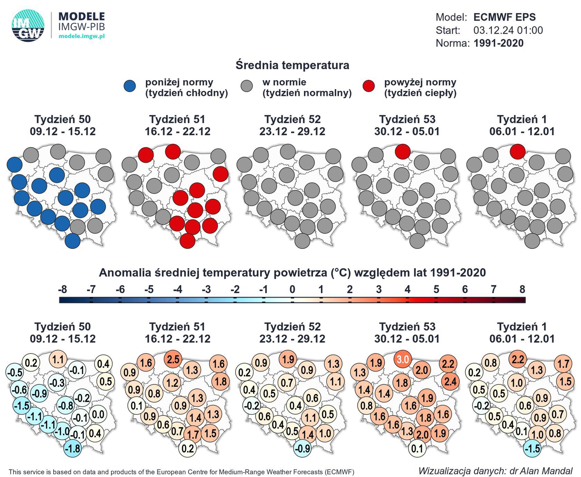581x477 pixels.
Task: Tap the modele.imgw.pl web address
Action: [82, 36]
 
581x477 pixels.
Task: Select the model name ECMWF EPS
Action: [504, 17]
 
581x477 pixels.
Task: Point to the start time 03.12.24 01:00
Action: [508, 30]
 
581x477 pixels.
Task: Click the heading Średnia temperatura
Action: [292, 65]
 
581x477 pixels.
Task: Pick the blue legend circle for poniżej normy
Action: [130, 86]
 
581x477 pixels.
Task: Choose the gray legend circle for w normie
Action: [247, 86]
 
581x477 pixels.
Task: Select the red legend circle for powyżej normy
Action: [369, 86]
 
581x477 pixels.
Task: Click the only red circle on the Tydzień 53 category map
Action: [403, 151]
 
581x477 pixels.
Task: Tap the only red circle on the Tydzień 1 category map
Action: [517, 151]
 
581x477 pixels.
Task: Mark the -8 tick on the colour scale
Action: [63, 290]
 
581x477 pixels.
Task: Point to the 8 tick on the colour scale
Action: [522, 290]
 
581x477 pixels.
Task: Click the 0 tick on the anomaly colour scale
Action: [292, 290]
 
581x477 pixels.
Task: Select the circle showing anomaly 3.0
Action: [403, 359]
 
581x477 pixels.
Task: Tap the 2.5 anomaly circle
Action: [173, 359]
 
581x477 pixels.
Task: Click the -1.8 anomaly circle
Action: [73, 449]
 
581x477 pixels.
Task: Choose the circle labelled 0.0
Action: [98, 414]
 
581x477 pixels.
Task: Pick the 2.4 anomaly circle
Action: [450, 382]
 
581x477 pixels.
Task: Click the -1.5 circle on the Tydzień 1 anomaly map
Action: [532, 449]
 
